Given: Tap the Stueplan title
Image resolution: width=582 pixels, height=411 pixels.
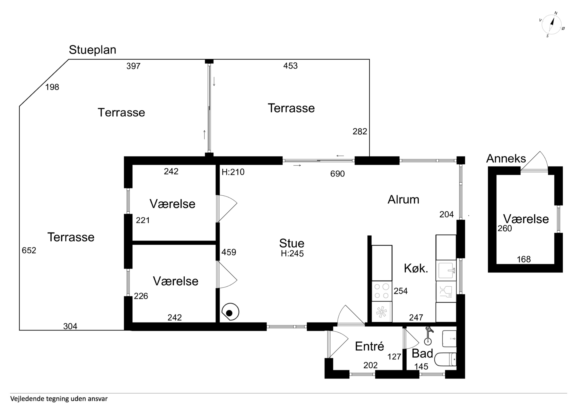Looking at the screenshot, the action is (93, 50).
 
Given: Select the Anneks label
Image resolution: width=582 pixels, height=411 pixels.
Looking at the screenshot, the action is (506, 159).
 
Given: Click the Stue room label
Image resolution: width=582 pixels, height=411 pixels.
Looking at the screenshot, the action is (292, 243).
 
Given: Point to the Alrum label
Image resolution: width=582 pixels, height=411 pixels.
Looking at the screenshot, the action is (403, 200).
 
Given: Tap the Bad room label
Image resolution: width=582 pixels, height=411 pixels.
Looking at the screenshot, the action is (422, 353).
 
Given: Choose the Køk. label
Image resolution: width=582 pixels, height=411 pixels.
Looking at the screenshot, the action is (416, 268).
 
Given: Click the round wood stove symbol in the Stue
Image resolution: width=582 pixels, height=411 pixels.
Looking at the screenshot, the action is (230, 312).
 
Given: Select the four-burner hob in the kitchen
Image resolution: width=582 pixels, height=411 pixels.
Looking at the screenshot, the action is (382, 291).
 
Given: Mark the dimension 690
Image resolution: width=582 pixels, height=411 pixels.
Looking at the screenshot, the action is (337, 174).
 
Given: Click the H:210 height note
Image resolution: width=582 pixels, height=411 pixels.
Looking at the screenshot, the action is (233, 172).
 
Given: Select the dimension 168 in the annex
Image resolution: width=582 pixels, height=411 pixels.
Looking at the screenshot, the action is (524, 259).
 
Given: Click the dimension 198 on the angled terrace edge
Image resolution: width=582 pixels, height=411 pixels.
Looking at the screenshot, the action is (52, 87).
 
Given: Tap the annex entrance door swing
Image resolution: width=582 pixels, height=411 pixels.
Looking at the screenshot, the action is (534, 161).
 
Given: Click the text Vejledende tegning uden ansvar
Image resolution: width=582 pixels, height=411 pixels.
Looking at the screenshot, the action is (59, 399).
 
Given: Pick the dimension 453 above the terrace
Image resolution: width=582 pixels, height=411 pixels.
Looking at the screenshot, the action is (290, 66).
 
